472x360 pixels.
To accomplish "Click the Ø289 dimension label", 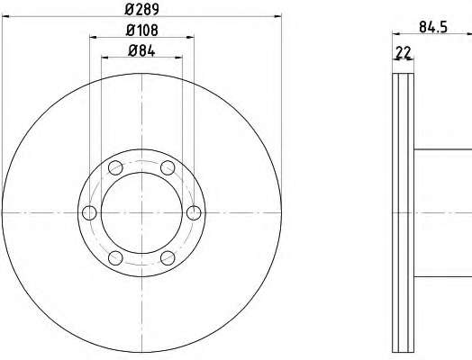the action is click(141, 9).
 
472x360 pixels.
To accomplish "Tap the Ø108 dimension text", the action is click(141, 30).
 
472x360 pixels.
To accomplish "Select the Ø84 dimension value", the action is click(141, 50).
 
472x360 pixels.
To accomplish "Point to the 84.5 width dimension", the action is click(433, 27).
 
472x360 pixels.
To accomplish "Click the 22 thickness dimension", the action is click(404, 53).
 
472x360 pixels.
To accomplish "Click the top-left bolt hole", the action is click(115, 167).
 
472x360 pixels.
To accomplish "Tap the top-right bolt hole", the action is click(168, 167).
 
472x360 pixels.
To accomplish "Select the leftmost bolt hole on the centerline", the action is click(89, 212).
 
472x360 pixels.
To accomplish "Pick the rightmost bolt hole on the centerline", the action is click(194, 212).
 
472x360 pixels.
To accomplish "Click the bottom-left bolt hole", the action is click(115, 258).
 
